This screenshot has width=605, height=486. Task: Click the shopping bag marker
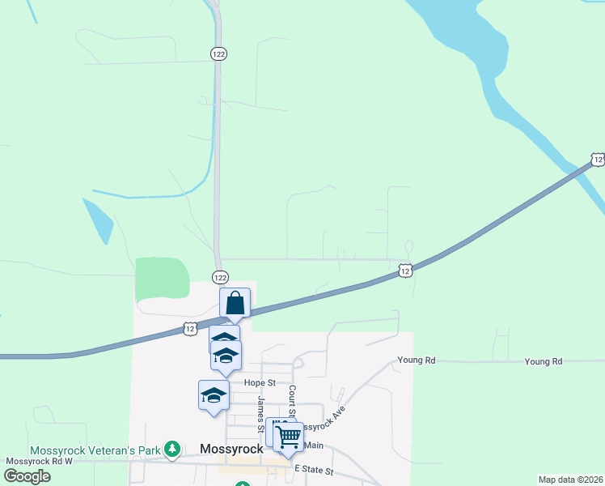(235, 304)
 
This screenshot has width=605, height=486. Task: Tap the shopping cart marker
(288, 437)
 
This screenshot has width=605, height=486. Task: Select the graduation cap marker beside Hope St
(214, 395)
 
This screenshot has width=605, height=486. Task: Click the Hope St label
(260, 382)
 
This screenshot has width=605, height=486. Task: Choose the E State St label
(316, 469)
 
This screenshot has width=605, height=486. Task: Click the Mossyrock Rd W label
(39, 461)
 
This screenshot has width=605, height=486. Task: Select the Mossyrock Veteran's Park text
(94, 450)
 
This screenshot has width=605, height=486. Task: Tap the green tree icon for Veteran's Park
(171, 449)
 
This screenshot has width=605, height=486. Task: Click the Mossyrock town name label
(231, 449)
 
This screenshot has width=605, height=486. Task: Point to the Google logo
(27, 475)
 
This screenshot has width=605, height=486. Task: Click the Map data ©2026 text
(570, 479)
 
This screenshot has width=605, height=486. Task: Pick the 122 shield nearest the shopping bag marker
(219, 277)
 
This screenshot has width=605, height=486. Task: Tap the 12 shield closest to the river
(597, 160)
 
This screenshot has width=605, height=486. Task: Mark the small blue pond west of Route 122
(98, 220)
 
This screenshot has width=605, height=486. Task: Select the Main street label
(313, 446)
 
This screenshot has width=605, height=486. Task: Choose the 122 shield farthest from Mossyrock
(218, 53)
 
